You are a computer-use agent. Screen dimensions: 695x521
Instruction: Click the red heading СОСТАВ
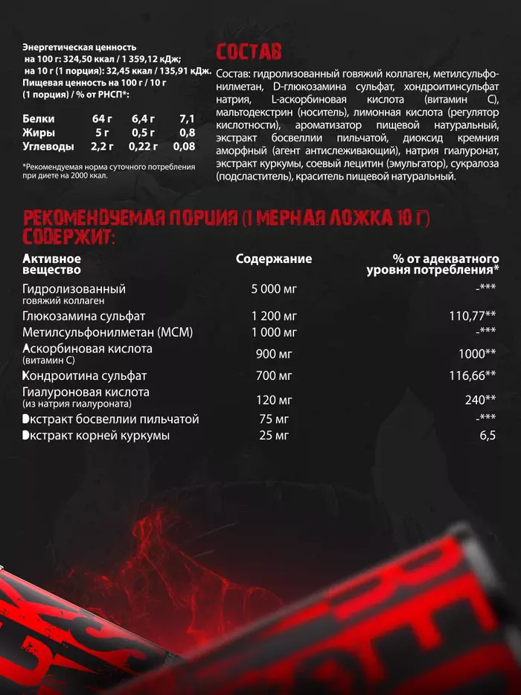(249, 51)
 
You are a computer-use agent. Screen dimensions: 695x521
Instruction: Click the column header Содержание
(274, 259)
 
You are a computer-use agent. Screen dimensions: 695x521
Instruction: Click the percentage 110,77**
(473, 316)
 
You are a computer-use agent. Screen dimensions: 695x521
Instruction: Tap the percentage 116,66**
(473, 375)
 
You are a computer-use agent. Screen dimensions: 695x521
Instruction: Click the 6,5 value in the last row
(488, 435)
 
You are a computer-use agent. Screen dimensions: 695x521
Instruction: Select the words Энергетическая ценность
(80, 47)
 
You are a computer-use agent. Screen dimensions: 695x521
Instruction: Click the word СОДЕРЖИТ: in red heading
(69, 237)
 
